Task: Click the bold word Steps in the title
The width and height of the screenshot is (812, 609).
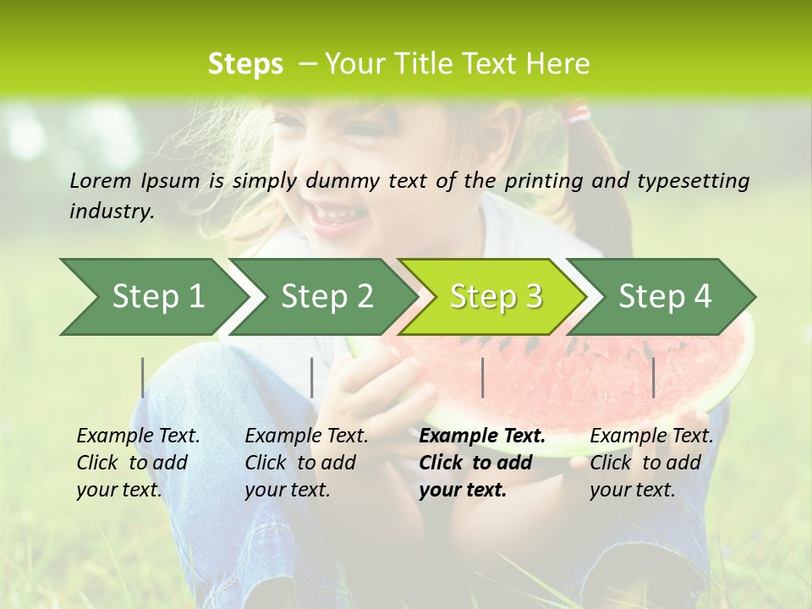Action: point(245,64)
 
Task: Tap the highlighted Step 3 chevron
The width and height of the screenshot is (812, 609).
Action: point(496,297)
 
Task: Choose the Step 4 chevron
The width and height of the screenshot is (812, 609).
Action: point(665,297)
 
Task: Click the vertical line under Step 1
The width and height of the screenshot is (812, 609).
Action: point(143,377)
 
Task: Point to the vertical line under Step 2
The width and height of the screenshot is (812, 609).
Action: point(312,377)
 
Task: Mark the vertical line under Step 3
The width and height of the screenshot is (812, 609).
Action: point(482,377)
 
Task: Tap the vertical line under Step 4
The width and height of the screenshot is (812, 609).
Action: point(653,377)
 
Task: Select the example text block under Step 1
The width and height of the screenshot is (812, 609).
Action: point(138,463)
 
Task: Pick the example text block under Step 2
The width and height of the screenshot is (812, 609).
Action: point(306,463)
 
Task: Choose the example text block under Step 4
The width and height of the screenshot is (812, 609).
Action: point(651,463)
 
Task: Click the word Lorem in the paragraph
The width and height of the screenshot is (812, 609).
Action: point(101,180)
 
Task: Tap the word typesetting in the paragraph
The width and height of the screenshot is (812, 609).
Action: point(700,181)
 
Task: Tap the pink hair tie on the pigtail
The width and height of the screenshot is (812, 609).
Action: point(578,112)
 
